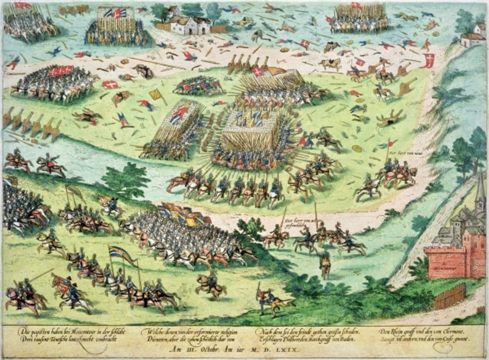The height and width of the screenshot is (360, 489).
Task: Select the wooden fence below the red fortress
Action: click(450, 296)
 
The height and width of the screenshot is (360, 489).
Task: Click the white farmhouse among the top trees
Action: click(190, 25)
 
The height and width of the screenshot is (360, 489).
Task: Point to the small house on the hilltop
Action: click(473, 38)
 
